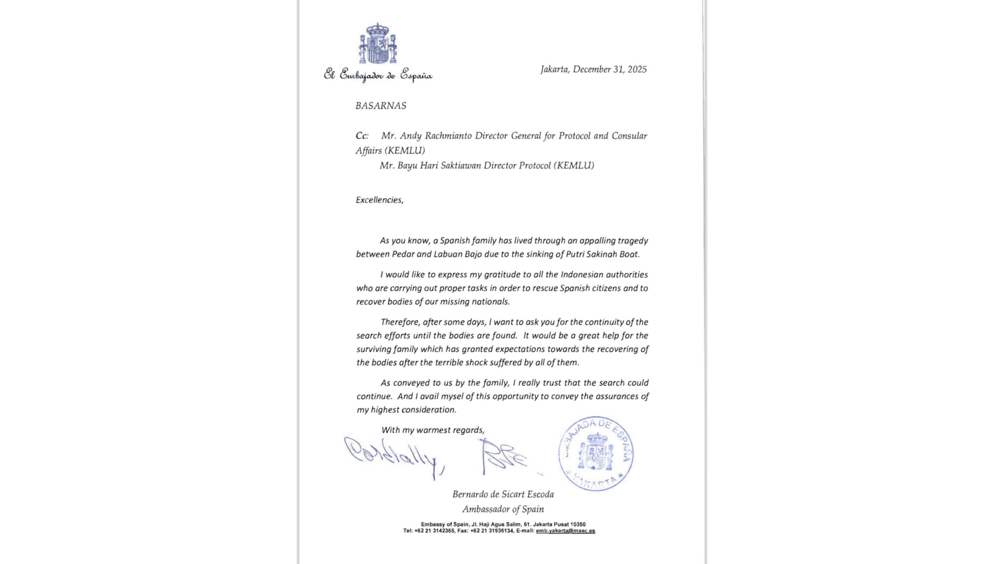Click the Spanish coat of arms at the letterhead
377,44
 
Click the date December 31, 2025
609,69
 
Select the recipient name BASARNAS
381,106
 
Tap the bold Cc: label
362,136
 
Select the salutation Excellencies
379,200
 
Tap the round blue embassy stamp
596,453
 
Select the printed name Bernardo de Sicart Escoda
503,494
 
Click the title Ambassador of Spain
503,509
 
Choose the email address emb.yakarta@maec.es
565,531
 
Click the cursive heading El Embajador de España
378,74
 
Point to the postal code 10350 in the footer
578,524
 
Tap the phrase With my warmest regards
433,430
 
